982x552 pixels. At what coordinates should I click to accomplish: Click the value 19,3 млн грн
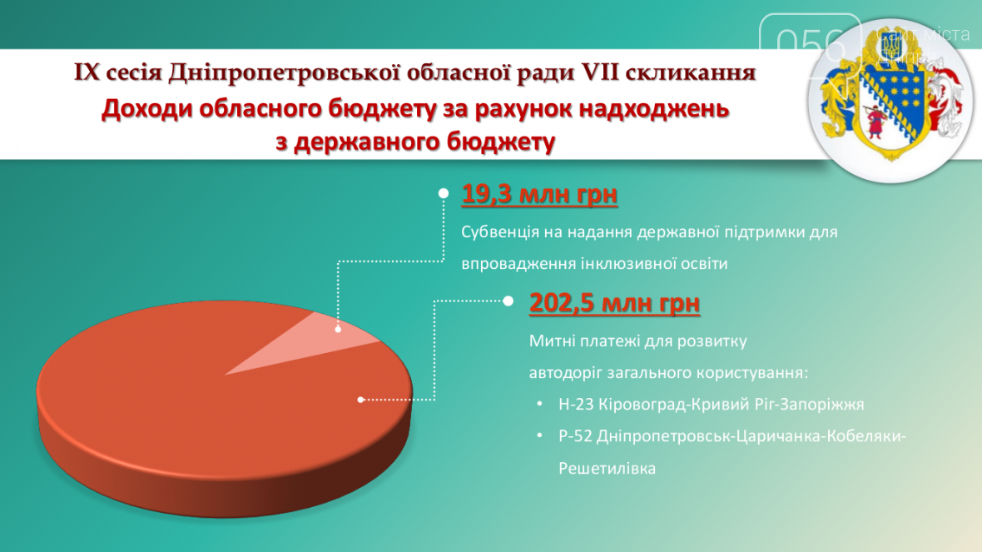[x=539, y=194]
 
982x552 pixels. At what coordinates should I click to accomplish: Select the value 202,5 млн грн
[x=614, y=303]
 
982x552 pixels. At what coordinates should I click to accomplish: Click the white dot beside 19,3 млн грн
[x=444, y=194]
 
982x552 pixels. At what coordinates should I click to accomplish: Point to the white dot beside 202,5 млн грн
[x=508, y=301]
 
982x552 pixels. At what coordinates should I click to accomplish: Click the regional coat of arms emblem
[x=890, y=100]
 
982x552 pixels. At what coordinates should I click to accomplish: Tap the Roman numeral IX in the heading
[x=87, y=72]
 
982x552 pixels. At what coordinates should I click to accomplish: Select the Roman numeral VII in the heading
[x=600, y=72]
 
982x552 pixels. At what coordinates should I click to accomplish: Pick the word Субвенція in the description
[x=500, y=232]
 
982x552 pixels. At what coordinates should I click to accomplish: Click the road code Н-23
[x=576, y=404]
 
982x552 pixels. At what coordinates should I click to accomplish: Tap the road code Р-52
[x=575, y=436]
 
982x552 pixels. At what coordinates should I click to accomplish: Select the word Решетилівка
[x=607, y=468]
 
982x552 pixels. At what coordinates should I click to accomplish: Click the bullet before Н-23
[x=540, y=404]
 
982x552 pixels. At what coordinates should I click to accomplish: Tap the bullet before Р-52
[x=540, y=435]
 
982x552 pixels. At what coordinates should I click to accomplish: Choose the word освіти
[x=702, y=264]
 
